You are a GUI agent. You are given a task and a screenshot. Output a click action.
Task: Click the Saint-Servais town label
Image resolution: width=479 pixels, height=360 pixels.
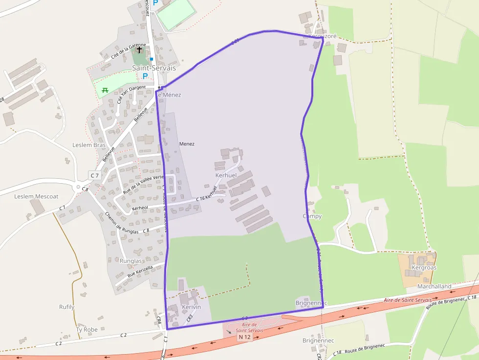tap(154, 68)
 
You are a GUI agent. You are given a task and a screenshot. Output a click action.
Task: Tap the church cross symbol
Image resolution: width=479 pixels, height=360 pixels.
tap(139, 50)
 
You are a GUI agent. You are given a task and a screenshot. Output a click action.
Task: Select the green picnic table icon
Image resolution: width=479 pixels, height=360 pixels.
tap(105, 90)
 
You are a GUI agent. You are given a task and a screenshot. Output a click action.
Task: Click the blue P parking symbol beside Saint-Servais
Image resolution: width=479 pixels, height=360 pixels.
tap(145, 76)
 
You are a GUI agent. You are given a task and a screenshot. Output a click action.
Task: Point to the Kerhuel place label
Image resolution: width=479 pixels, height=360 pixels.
tap(226, 175)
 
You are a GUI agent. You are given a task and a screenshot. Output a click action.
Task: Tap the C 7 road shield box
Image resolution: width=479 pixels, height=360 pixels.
tap(94, 175)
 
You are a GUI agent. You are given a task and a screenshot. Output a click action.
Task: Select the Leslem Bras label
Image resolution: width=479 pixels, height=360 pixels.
tap(89, 145)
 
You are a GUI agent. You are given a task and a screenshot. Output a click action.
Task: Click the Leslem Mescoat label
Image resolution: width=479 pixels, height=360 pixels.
tap(36, 196)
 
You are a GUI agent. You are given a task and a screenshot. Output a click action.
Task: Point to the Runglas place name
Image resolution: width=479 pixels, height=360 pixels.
tap(131, 261)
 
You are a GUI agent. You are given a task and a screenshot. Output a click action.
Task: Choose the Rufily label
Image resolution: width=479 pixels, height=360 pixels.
tap(66, 307)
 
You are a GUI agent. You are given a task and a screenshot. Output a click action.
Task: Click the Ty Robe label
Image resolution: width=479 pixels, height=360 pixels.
tap(87, 329)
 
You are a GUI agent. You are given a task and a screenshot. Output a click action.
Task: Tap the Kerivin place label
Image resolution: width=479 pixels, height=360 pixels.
tap(191, 306)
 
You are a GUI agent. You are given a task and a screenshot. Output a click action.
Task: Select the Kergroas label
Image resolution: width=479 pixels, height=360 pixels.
tap(424, 268)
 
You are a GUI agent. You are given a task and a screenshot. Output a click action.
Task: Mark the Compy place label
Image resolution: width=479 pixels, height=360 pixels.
tap(312, 216)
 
